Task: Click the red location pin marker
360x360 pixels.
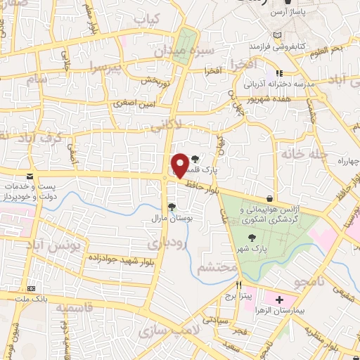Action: pos(180,165)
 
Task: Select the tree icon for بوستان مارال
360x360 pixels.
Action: pos(171,206)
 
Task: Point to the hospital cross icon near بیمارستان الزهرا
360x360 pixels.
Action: pos(279,300)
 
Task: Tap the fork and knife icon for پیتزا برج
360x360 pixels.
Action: pos(239,285)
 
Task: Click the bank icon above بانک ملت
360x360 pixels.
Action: pos(30,288)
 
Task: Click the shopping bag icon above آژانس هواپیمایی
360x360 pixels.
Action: pos(271,200)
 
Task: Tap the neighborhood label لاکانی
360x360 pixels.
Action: pos(167,124)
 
